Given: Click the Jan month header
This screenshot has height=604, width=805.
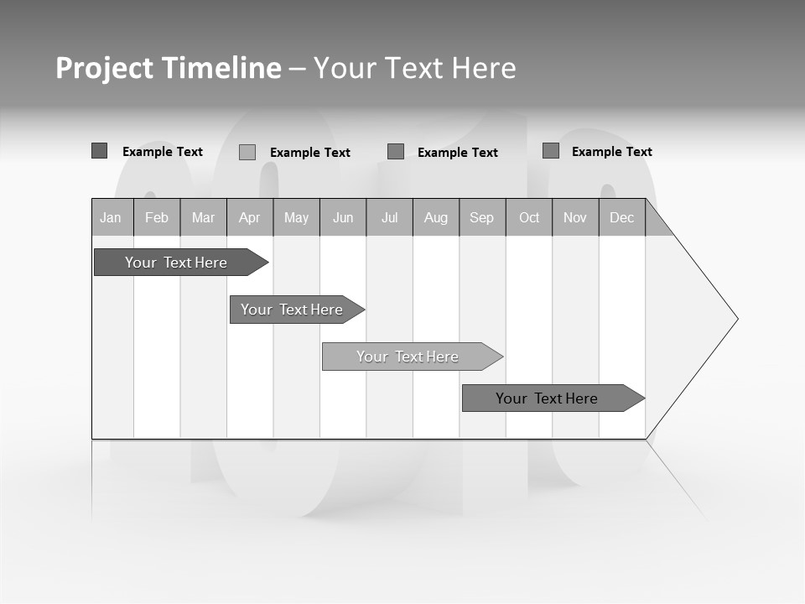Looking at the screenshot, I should click(111, 217).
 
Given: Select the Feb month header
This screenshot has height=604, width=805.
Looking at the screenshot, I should click(157, 217).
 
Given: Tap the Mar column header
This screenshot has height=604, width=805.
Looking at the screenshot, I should click(203, 217).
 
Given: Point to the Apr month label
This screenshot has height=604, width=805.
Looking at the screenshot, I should click(249, 217).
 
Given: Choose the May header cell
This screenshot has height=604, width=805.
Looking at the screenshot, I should click(296, 217).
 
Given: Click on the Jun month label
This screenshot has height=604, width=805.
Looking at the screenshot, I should click(343, 217).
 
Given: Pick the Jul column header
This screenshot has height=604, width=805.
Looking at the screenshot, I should click(389, 217).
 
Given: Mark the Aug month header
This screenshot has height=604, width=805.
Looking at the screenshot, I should click(436, 217).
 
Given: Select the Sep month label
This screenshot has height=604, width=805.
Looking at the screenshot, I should click(481, 217).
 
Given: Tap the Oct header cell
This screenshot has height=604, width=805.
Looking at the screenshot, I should click(529, 217).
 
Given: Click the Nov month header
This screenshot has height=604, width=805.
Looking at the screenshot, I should click(575, 217).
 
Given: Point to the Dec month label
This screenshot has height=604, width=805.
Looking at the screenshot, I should click(622, 217).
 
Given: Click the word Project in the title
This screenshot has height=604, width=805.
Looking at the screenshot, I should click(104, 68).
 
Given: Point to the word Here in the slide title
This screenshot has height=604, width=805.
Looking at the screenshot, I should click(484, 68).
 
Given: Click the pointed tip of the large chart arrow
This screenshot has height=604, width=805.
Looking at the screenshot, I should click(736, 319).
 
